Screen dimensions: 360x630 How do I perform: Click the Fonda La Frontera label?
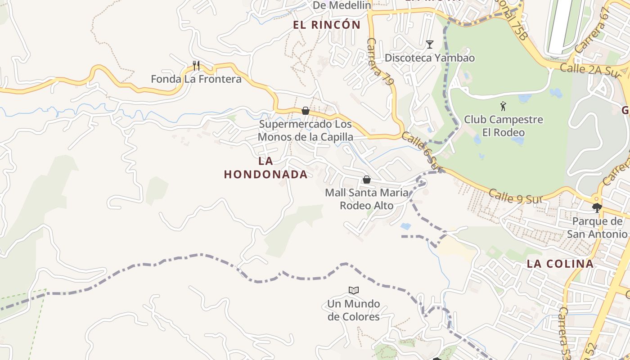point(196,80)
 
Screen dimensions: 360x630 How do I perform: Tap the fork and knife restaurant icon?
point(196,66)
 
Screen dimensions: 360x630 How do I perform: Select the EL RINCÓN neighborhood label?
point(327,25)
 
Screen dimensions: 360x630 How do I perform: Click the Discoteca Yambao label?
point(429,58)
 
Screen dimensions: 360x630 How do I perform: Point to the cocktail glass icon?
point(430,45)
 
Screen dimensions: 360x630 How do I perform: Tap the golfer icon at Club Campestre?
point(503,107)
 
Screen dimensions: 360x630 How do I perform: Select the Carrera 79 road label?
point(380,61)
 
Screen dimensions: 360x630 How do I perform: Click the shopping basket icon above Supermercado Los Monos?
point(306,111)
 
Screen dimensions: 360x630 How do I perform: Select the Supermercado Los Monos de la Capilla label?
point(305,130)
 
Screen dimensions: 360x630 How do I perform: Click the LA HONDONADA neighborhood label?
point(266,168)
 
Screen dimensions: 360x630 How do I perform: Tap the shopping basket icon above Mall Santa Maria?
point(367,180)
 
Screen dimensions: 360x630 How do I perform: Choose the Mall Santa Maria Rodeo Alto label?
point(367,199)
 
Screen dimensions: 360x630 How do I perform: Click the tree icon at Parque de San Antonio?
point(597,207)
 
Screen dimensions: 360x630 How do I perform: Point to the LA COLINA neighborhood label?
point(560,264)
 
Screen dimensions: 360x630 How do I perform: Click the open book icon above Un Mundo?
point(354,290)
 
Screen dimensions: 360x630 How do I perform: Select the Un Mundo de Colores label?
point(353,310)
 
